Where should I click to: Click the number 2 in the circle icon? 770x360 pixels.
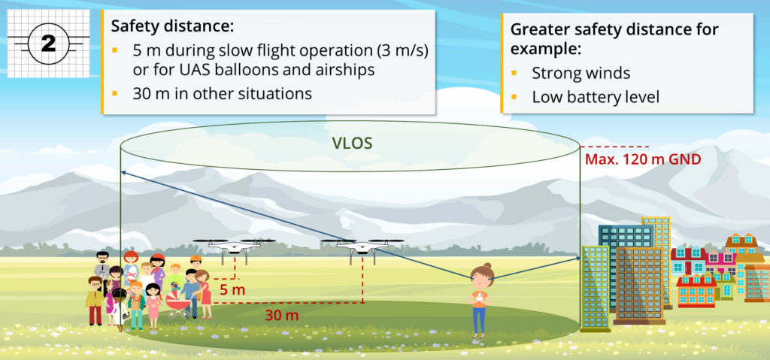click(x=48, y=44)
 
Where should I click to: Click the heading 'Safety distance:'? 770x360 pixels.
click(x=172, y=26)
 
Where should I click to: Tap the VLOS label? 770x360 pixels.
click(x=353, y=142)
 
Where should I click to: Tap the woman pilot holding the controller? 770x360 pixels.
click(x=480, y=301)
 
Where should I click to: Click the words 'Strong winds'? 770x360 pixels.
click(x=581, y=74)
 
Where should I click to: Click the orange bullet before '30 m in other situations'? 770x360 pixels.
click(x=115, y=94)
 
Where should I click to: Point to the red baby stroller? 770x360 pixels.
click(x=179, y=304)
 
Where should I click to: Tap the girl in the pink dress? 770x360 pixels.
click(x=153, y=304)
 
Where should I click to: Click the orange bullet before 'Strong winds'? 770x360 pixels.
click(x=515, y=74)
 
